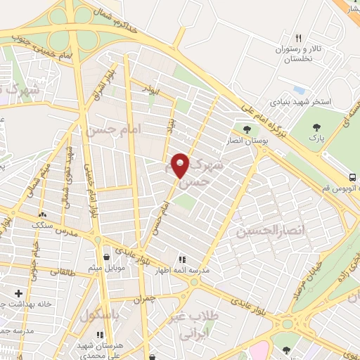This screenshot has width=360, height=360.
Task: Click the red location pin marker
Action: pyautogui.click(x=181, y=166)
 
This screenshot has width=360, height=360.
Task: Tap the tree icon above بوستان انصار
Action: pyautogui.click(x=247, y=128)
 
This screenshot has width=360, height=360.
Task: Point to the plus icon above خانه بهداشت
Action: pyautogui.click(x=18, y=292)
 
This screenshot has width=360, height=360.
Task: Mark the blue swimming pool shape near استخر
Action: pyautogui.click(x=300, y=91)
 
